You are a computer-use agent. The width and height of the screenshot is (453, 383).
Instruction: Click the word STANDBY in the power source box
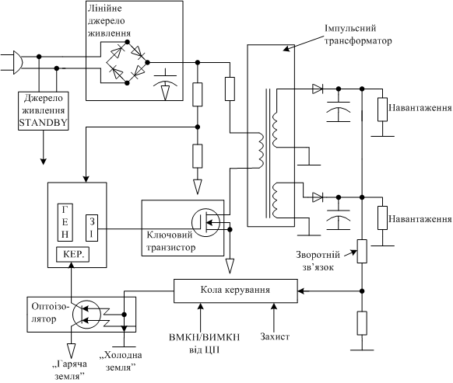click(x=44, y=123)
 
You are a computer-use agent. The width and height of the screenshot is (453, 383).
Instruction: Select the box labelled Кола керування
click(x=236, y=291)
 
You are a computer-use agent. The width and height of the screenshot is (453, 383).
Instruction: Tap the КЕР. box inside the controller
click(x=72, y=255)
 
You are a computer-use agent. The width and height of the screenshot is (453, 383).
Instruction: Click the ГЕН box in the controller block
click(x=65, y=222)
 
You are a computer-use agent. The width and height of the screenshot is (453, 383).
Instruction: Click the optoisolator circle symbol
click(x=86, y=314)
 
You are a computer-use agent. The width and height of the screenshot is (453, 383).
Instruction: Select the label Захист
click(x=275, y=336)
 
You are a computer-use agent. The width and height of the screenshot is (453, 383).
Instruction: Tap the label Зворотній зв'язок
click(x=318, y=261)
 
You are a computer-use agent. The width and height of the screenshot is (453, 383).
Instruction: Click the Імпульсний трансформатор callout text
click(x=358, y=35)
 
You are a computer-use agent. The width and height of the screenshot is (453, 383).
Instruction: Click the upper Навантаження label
click(x=420, y=108)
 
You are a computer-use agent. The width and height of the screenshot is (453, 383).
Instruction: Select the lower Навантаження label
click(x=420, y=219)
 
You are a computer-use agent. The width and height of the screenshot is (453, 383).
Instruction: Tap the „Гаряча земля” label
click(x=70, y=370)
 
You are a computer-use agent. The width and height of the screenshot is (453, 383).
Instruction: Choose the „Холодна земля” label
click(x=121, y=360)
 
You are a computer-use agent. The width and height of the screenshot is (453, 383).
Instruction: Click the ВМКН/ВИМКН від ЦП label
click(x=204, y=343)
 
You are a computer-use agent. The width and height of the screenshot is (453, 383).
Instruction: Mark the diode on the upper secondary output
click(x=318, y=89)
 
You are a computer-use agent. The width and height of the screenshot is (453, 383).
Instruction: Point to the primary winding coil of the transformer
click(x=260, y=151)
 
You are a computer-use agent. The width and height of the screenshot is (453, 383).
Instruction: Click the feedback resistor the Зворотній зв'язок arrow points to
click(x=362, y=251)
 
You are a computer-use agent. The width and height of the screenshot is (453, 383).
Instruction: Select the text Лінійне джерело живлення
click(x=109, y=21)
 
